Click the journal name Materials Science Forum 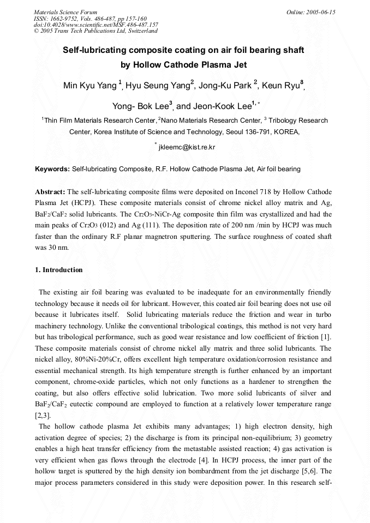(x=65, y=12)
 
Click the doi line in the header (x=96, y=25)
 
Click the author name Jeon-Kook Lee (x=220, y=106)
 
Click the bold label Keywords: (x=52, y=169)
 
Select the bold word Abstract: (x=50, y=193)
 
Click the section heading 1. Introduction (x=59, y=270)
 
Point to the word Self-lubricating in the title (x=91, y=50)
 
